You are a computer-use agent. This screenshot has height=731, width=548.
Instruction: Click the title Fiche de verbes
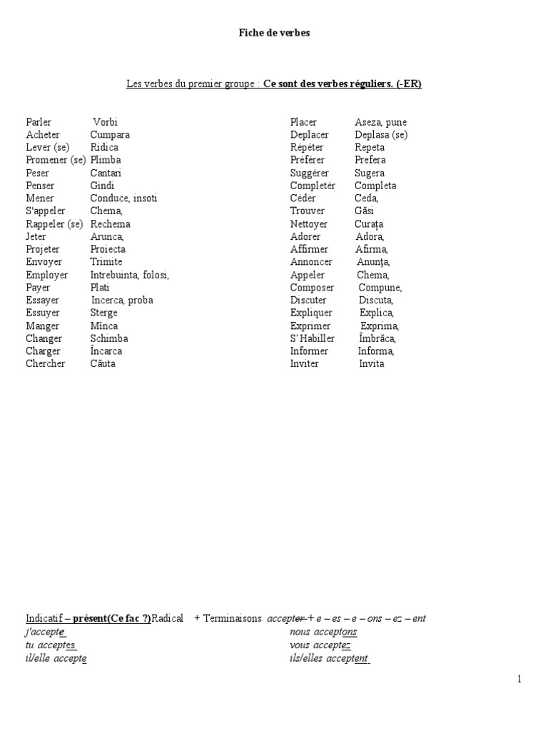click(274, 34)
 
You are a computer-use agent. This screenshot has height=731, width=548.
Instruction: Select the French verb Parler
click(39, 122)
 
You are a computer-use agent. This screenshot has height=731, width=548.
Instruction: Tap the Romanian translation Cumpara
click(110, 134)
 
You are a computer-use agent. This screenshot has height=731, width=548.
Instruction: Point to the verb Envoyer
click(44, 262)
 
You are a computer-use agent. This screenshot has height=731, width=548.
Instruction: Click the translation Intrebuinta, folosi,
click(129, 275)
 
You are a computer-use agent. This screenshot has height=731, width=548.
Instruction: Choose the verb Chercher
click(45, 363)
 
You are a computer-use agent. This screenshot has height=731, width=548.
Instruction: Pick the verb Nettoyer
click(308, 223)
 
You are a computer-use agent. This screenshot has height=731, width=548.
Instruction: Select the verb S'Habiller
click(312, 338)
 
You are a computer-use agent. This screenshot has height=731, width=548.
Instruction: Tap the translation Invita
click(371, 363)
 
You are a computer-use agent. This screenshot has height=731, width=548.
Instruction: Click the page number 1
click(519, 679)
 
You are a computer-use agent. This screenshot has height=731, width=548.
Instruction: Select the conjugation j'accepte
click(46, 632)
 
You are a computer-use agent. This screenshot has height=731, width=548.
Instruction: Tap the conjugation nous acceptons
click(323, 632)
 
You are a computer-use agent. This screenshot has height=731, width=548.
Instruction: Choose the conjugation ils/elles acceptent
click(329, 658)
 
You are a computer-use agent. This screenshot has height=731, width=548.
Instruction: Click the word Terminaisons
click(233, 618)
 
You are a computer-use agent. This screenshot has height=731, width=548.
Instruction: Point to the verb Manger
click(42, 326)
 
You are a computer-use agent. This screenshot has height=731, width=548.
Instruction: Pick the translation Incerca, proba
click(121, 300)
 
